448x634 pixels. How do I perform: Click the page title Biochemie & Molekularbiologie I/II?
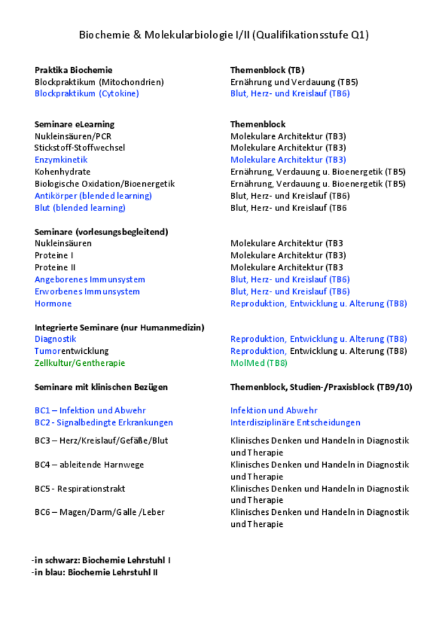pos(223,35)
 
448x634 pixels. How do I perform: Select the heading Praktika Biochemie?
pos(73,70)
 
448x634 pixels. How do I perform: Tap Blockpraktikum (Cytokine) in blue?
pos(86,94)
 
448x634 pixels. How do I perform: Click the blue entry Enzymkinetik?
pos(61,160)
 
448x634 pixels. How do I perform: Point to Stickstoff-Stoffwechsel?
pos(79,148)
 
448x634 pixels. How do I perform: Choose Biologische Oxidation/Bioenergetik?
pos(104,184)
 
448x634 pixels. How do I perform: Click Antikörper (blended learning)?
pos(93,196)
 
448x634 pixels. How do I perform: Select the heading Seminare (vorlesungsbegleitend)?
pos(101,232)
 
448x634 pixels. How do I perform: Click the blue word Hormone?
pos(53,304)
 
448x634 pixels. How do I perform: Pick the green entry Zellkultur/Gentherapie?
pos(79,363)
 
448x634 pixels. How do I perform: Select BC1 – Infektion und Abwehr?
pos(89,411)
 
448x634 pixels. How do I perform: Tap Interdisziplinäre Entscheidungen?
pos(295,423)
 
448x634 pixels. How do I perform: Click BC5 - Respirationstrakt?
pos(79,489)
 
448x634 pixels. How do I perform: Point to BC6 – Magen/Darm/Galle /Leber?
pos(99,512)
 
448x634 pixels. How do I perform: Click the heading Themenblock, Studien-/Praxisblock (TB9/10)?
pos(320,387)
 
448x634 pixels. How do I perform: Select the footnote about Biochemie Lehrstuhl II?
pos(95,573)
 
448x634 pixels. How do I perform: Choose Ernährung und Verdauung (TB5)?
pos(294,82)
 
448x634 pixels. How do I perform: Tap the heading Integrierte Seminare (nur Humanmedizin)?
pos(119,327)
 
